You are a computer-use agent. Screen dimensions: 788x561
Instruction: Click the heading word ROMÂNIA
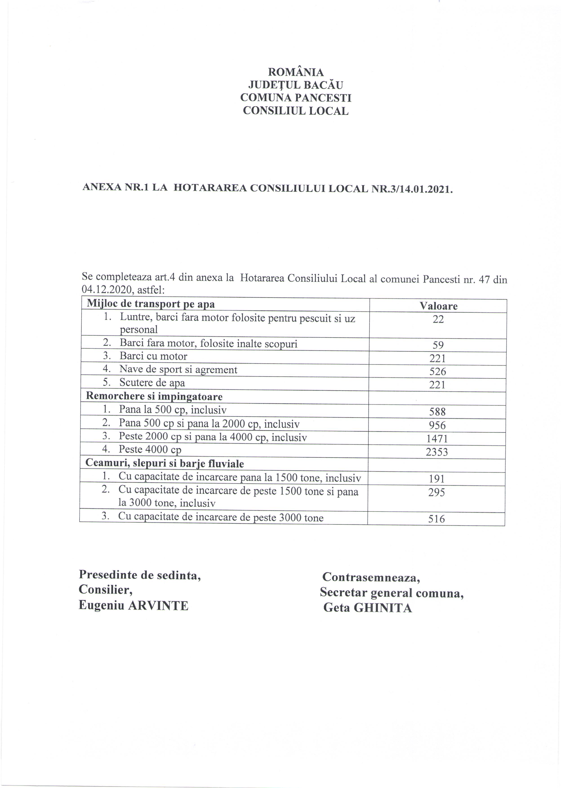[x=296, y=72]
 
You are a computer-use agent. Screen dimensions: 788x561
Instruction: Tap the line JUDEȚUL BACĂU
[x=296, y=85]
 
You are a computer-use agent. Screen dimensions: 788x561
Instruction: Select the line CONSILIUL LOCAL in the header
[x=296, y=111]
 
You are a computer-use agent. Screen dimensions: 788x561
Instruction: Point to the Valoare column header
[x=438, y=306]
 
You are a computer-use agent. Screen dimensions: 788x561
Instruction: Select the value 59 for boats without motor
[x=438, y=345]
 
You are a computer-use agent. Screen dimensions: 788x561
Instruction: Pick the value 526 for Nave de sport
[x=438, y=372]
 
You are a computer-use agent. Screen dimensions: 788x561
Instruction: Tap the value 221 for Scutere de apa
[x=437, y=385]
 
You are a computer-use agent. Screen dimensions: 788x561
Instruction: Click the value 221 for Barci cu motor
[x=438, y=358]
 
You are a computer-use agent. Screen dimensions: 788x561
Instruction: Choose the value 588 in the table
[x=437, y=412]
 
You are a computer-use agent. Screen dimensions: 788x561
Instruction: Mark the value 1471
[x=437, y=439]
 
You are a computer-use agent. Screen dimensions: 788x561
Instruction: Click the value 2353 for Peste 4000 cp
[x=437, y=452]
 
